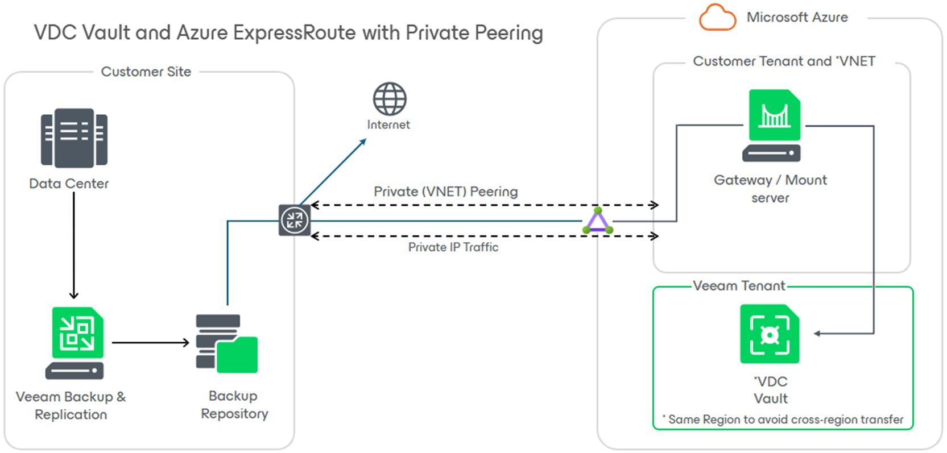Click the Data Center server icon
[74, 138]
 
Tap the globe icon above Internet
[390, 99]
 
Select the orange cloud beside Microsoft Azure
[717, 18]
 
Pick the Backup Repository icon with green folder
[226, 344]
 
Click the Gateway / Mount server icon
[772, 126]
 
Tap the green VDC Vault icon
[770, 334]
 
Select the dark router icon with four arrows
[295, 221]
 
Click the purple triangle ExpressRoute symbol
[598, 221]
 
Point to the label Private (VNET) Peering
[445, 192]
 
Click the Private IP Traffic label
[453, 247]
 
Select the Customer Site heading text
[146, 72]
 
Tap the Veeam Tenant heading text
[739, 286]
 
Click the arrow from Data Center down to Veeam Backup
[73, 244]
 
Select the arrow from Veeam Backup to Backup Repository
[150, 343]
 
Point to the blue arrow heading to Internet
[333, 172]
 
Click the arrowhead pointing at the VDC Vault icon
[817, 334]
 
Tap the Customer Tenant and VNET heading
[784, 61]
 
